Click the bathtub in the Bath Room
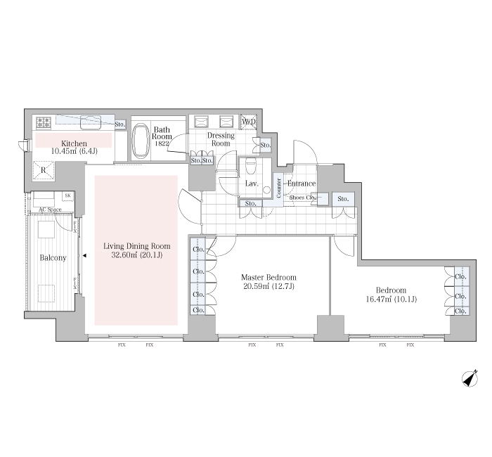tap(141, 141)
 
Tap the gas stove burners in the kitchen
tap(44, 122)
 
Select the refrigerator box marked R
tap(44, 171)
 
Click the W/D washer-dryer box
tap(249, 122)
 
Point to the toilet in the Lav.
tap(251, 166)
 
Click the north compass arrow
tap(470, 378)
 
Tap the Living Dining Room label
tap(137, 246)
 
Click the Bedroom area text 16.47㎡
tap(379, 299)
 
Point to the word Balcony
tap(53, 258)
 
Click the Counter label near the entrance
tap(278, 188)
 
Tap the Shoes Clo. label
tap(302, 198)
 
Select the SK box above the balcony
tap(67, 196)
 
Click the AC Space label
tap(50, 210)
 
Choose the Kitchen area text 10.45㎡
tap(63, 151)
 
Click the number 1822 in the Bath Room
tap(162, 143)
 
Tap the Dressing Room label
tap(221, 139)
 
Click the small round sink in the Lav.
tap(267, 190)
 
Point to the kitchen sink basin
tap(91, 122)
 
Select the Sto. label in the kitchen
tap(120, 124)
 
